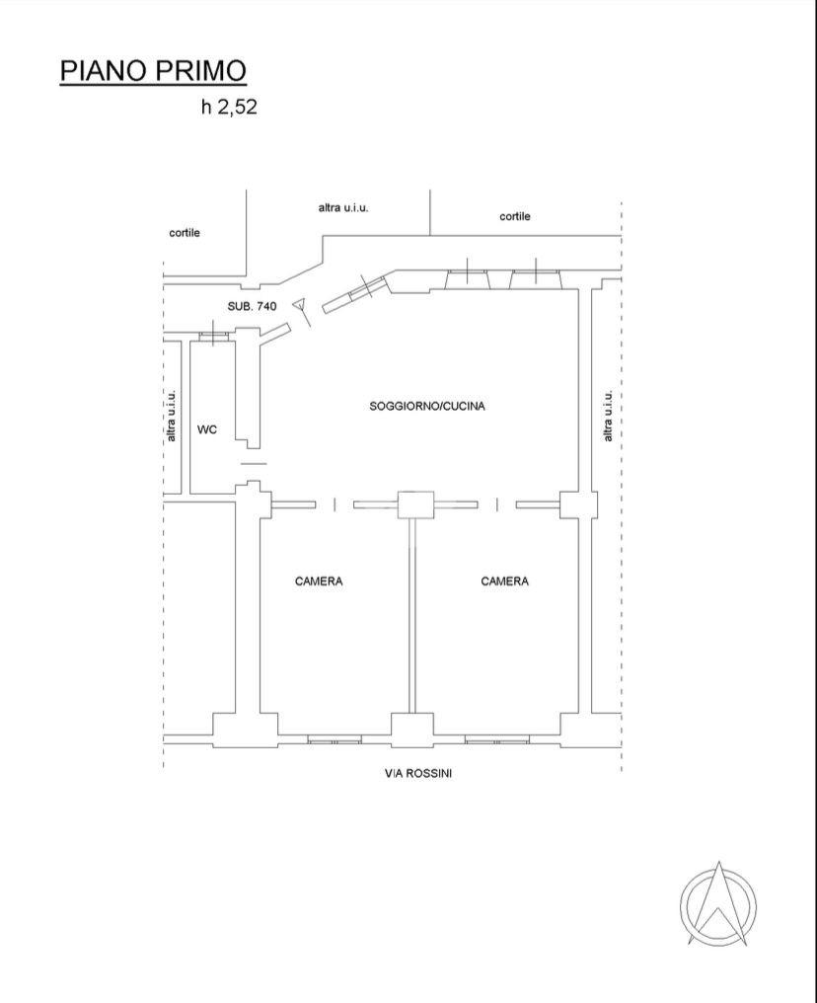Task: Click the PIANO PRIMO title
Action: click(153, 71)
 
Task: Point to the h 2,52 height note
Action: click(229, 108)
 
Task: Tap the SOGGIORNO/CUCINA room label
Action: click(427, 406)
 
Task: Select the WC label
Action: click(207, 429)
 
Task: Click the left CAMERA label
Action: click(319, 581)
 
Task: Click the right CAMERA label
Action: click(504, 581)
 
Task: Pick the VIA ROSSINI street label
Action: click(418, 773)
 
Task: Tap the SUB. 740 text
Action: click(252, 307)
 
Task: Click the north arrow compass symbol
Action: click(718, 903)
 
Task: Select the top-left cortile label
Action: click(185, 233)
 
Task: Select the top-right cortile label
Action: click(515, 216)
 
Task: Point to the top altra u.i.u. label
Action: click(343, 207)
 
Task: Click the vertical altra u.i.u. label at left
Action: click(172, 415)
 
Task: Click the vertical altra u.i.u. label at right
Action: click(609, 415)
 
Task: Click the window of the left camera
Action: click(334, 738)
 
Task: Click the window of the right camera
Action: click(496, 738)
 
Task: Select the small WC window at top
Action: click(213, 336)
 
